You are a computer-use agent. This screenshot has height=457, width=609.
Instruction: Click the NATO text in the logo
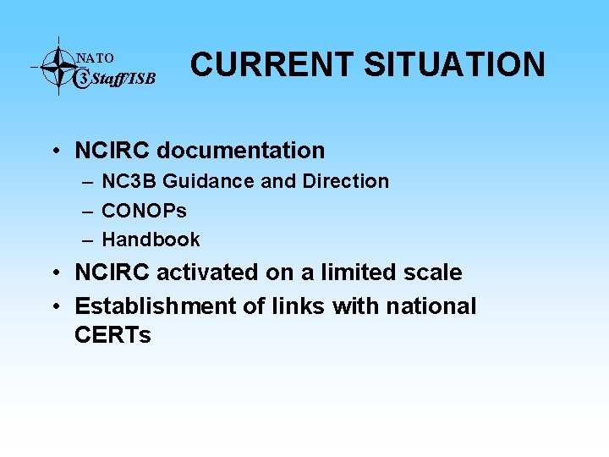[95, 58]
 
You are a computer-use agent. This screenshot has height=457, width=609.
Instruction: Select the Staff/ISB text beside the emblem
[123, 80]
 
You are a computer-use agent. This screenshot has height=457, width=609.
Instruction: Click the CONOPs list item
[144, 210]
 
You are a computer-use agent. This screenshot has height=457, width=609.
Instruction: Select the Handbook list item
[151, 240]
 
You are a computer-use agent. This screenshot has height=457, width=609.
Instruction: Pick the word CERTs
[112, 335]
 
